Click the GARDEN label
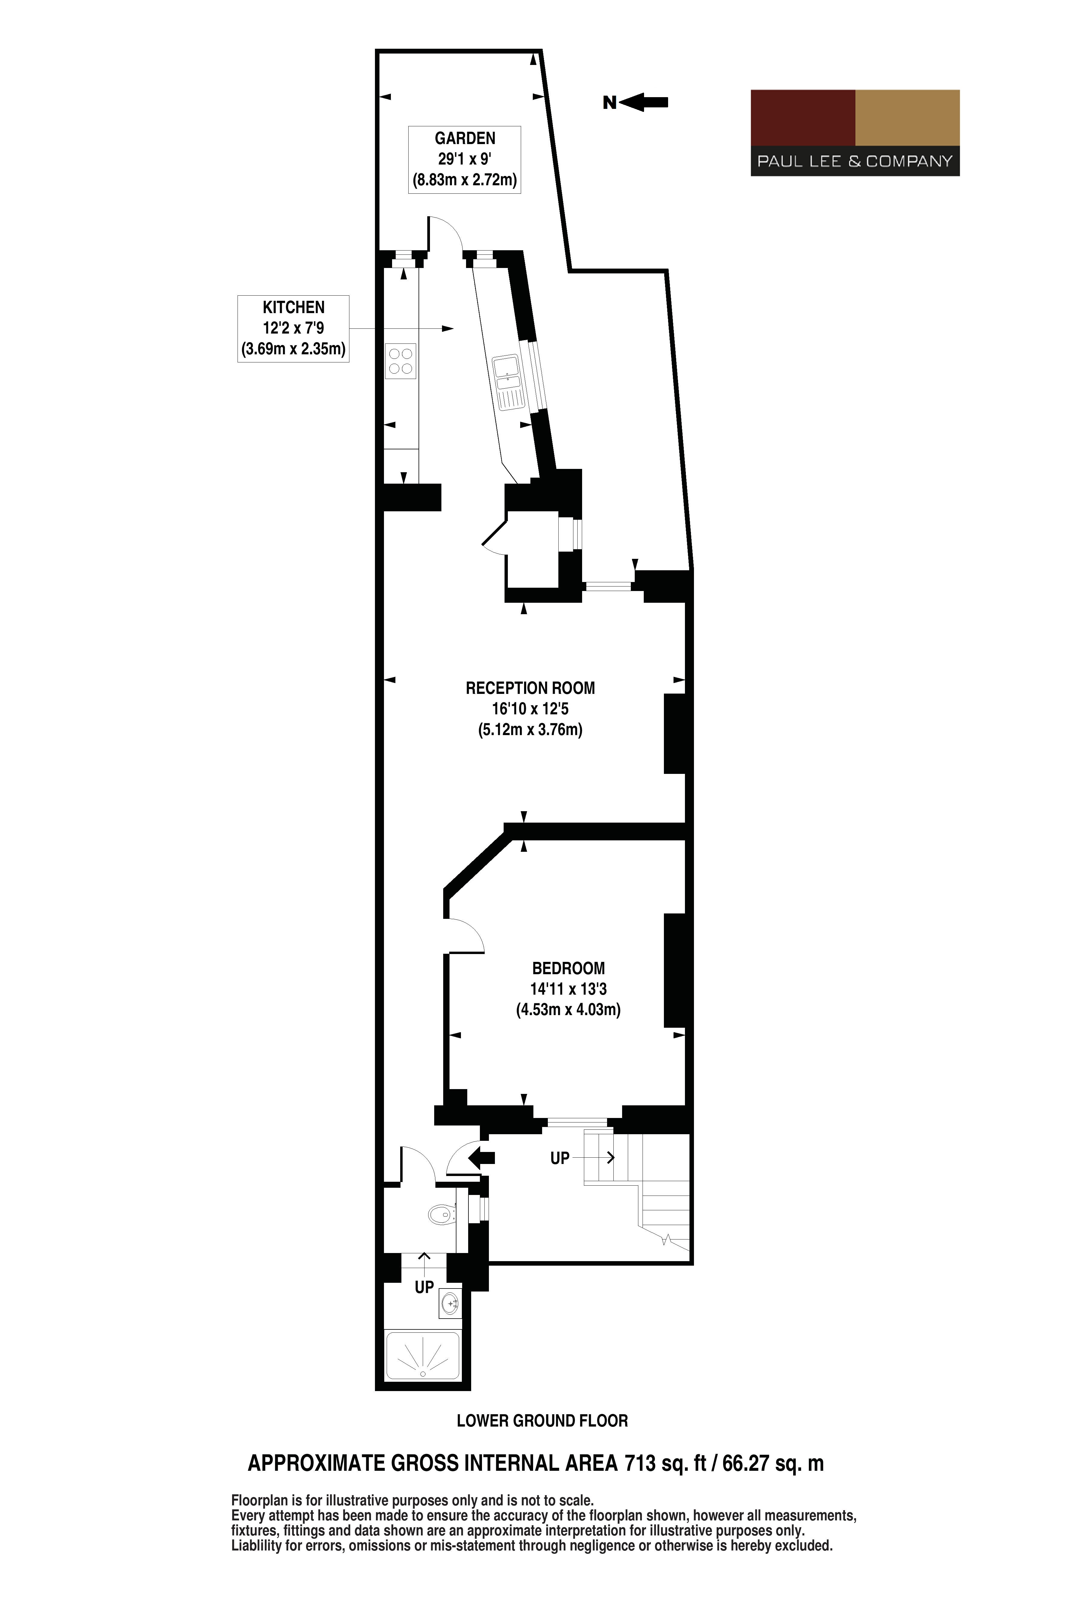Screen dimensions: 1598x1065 point(465,139)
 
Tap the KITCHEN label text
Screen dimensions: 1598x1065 point(293,307)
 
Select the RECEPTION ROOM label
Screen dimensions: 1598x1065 point(530,688)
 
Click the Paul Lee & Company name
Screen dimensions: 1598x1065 point(855,162)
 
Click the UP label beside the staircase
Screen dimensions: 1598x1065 point(560,1158)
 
